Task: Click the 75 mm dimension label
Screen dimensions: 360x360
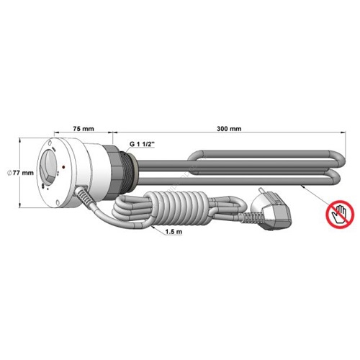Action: coord(84,129)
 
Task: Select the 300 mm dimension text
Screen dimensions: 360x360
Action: coord(229,129)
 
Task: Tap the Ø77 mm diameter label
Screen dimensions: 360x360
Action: coord(20,173)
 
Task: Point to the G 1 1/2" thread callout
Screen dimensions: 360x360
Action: coord(143,144)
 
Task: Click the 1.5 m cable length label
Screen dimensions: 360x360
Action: coord(174,232)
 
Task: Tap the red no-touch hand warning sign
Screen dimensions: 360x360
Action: coord(340,215)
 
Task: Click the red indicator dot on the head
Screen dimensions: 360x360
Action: coord(63,166)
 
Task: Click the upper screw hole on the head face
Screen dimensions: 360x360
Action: coord(50,143)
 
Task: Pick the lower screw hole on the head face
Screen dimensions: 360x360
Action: coord(58,203)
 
